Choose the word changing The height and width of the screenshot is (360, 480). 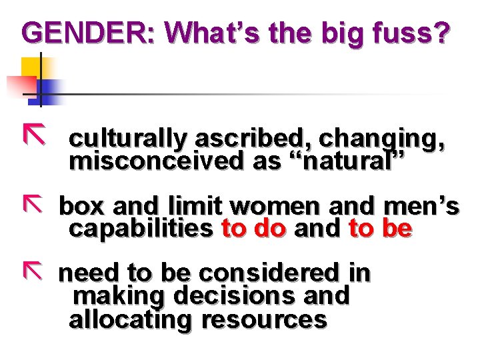[x=381, y=138]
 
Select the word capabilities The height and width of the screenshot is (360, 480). [x=140, y=229]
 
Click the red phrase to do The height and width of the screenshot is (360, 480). [x=253, y=229]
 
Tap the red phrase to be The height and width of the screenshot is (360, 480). [x=380, y=229]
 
